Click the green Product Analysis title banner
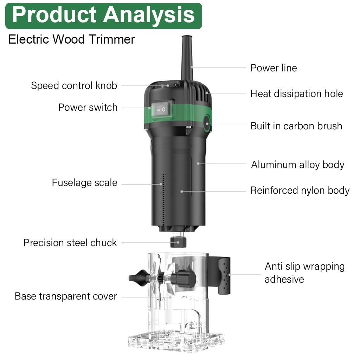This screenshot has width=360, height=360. click(x=104, y=16)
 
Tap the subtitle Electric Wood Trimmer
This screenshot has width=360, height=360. click(x=72, y=39)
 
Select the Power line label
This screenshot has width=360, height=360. click(x=274, y=68)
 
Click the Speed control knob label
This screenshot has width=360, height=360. click(x=74, y=86)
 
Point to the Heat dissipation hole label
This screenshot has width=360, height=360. click(x=297, y=94)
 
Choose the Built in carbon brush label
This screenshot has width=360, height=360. click(x=296, y=126)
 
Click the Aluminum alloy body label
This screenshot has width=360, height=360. click(x=298, y=165)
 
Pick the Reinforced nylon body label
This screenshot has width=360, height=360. click(x=300, y=191)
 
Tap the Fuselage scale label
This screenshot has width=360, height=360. click(x=84, y=183)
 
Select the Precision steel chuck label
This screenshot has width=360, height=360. click(x=70, y=243)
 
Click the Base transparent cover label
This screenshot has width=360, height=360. click(x=66, y=296)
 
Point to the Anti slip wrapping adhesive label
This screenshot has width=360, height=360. click(x=305, y=273)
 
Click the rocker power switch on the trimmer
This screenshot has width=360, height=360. click(x=162, y=110)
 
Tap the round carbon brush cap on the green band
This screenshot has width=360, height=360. click(x=207, y=124)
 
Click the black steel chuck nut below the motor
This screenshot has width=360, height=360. click(x=178, y=242)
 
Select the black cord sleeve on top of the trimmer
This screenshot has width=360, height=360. click(x=187, y=58)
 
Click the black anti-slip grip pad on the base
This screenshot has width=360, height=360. click(x=224, y=276)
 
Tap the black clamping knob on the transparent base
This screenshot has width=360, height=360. click(x=186, y=278)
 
